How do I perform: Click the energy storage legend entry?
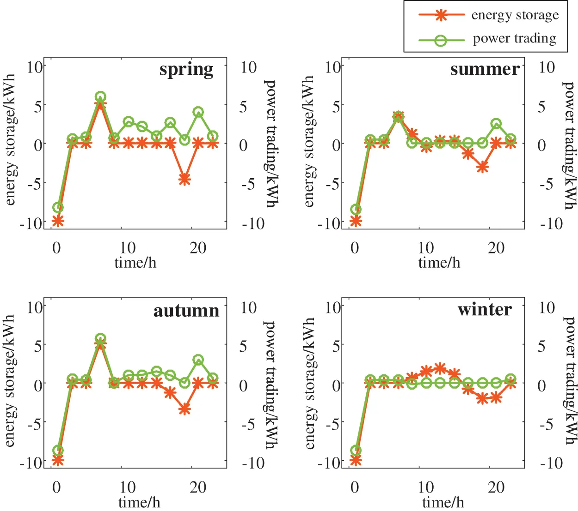[x=515, y=15]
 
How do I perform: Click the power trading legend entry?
[x=514, y=39]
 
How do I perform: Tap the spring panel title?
[x=186, y=70]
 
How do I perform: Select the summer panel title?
[x=485, y=69]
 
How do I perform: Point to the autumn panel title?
[x=186, y=310]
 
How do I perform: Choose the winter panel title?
[x=485, y=309]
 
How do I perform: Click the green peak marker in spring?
[x=100, y=97]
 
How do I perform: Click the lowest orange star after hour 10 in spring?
[x=184, y=180]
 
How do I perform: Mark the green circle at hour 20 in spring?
[x=198, y=112]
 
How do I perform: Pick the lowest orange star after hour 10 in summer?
[x=483, y=168]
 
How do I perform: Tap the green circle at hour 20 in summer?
[x=496, y=124]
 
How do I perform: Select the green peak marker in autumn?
[x=100, y=338]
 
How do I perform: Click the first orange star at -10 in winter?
[x=356, y=460]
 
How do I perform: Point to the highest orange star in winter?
[x=440, y=368]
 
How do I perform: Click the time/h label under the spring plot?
[x=135, y=263]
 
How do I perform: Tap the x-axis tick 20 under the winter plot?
[x=496, y=487]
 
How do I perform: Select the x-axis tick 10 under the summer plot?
[x=426, y=248]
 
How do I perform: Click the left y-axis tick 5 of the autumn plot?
[x=37, y=345]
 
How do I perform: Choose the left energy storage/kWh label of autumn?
[x=10, y=381]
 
